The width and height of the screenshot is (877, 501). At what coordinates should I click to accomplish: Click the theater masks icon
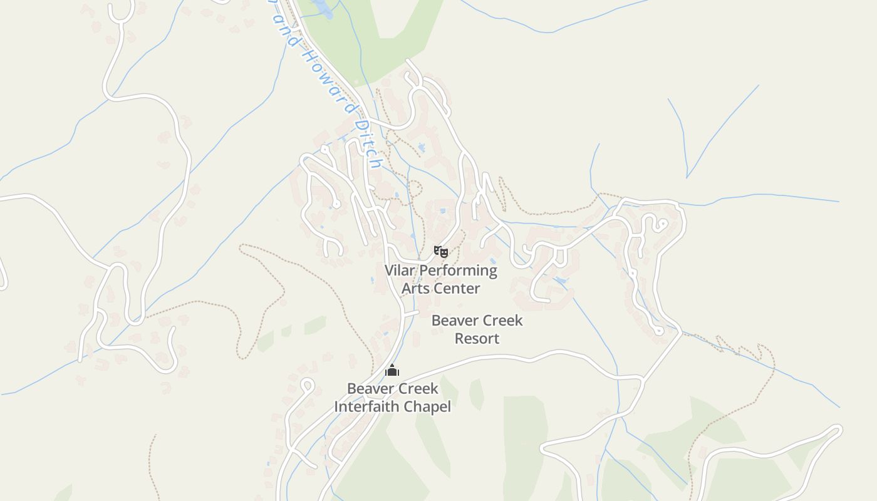point(441,252)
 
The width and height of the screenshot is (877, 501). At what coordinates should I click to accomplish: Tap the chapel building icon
point(392,370)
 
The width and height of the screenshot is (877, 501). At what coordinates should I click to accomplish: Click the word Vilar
point(399,271)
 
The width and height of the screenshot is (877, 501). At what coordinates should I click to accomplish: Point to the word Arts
point(415,289)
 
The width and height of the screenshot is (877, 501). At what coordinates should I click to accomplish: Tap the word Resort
point(477,339)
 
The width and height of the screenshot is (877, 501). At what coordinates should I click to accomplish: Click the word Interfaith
point(367,407)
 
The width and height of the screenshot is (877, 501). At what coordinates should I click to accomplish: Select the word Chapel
point(427,407)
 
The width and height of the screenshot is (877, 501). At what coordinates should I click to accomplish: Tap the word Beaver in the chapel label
point(370,389)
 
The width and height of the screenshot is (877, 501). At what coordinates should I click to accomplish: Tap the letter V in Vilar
point(389,271)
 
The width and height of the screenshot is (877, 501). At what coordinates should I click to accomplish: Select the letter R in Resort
point(459,339)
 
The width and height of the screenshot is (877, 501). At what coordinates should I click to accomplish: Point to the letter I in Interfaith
point(336,407)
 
